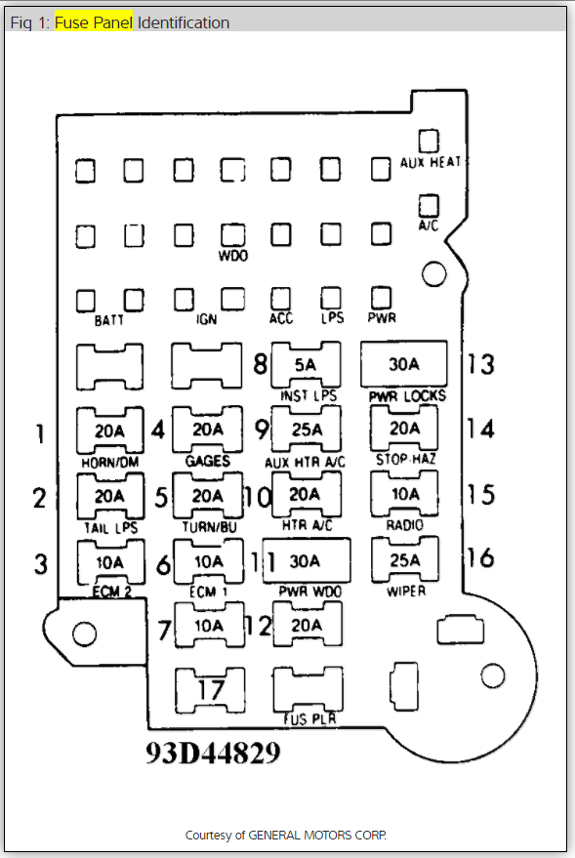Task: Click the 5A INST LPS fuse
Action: (306, 364)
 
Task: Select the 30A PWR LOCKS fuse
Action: (404, 364)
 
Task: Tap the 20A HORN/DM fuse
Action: (110, 430)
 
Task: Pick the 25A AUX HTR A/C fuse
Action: (306, 429)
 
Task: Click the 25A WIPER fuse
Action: (405, 559)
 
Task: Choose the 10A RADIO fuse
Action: (405, 494)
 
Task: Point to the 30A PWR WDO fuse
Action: (307, 561)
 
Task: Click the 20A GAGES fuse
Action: (207, 429)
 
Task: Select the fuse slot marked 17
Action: (210, 690)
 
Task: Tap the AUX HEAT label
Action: (430, 162)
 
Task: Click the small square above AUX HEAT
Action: (429, 141)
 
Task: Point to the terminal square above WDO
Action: (233, 234)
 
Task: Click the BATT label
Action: (109, 320)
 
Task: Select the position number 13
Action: (480, 364)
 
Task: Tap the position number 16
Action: (480, 557)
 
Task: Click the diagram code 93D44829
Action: (213, 753)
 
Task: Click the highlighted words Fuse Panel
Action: (94, 22)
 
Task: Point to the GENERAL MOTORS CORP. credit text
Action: (317, 835)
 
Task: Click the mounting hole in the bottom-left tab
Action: (84, 633)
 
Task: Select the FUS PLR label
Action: (309, 719)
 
